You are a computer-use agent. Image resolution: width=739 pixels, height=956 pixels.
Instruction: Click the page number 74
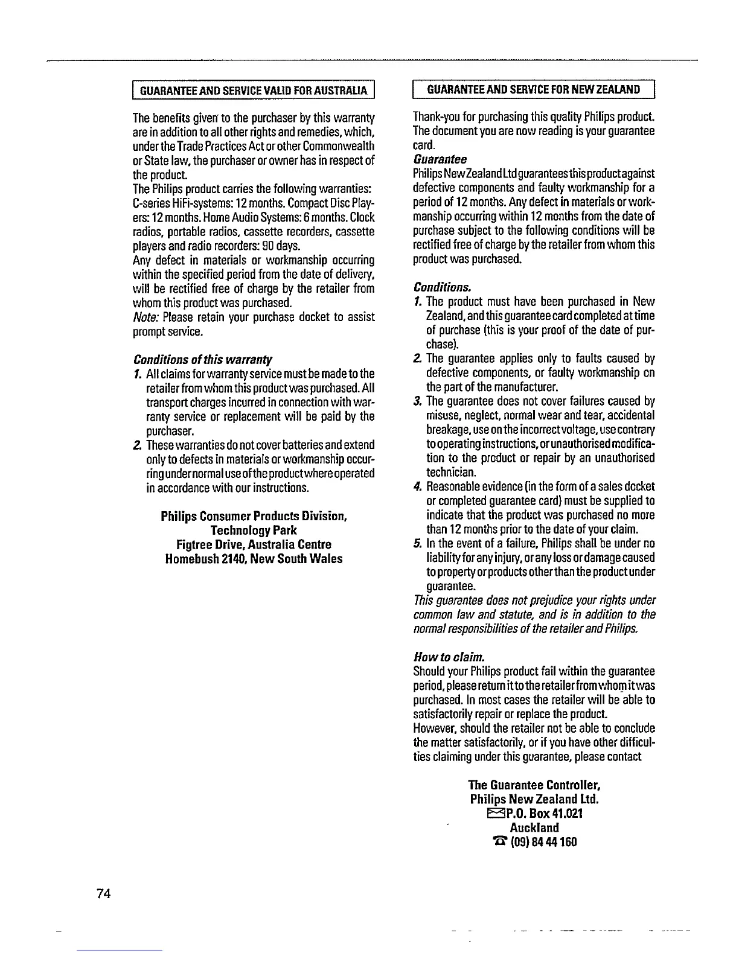[103, 894]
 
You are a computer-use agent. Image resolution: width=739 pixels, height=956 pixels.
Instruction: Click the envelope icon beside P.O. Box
[494, 814]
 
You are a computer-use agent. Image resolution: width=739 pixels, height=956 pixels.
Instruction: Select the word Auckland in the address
[534, 827]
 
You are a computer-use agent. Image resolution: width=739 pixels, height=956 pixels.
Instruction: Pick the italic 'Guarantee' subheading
[440, 159]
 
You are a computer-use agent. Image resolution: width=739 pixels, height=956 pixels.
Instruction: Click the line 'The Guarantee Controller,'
[534, 786]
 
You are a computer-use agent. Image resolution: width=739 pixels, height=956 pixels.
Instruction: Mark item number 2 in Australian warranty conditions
[137, 445]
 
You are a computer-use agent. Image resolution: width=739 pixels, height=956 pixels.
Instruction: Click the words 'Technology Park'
[254, 531]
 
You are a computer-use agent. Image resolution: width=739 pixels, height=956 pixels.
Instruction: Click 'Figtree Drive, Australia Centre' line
[254, 544]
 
